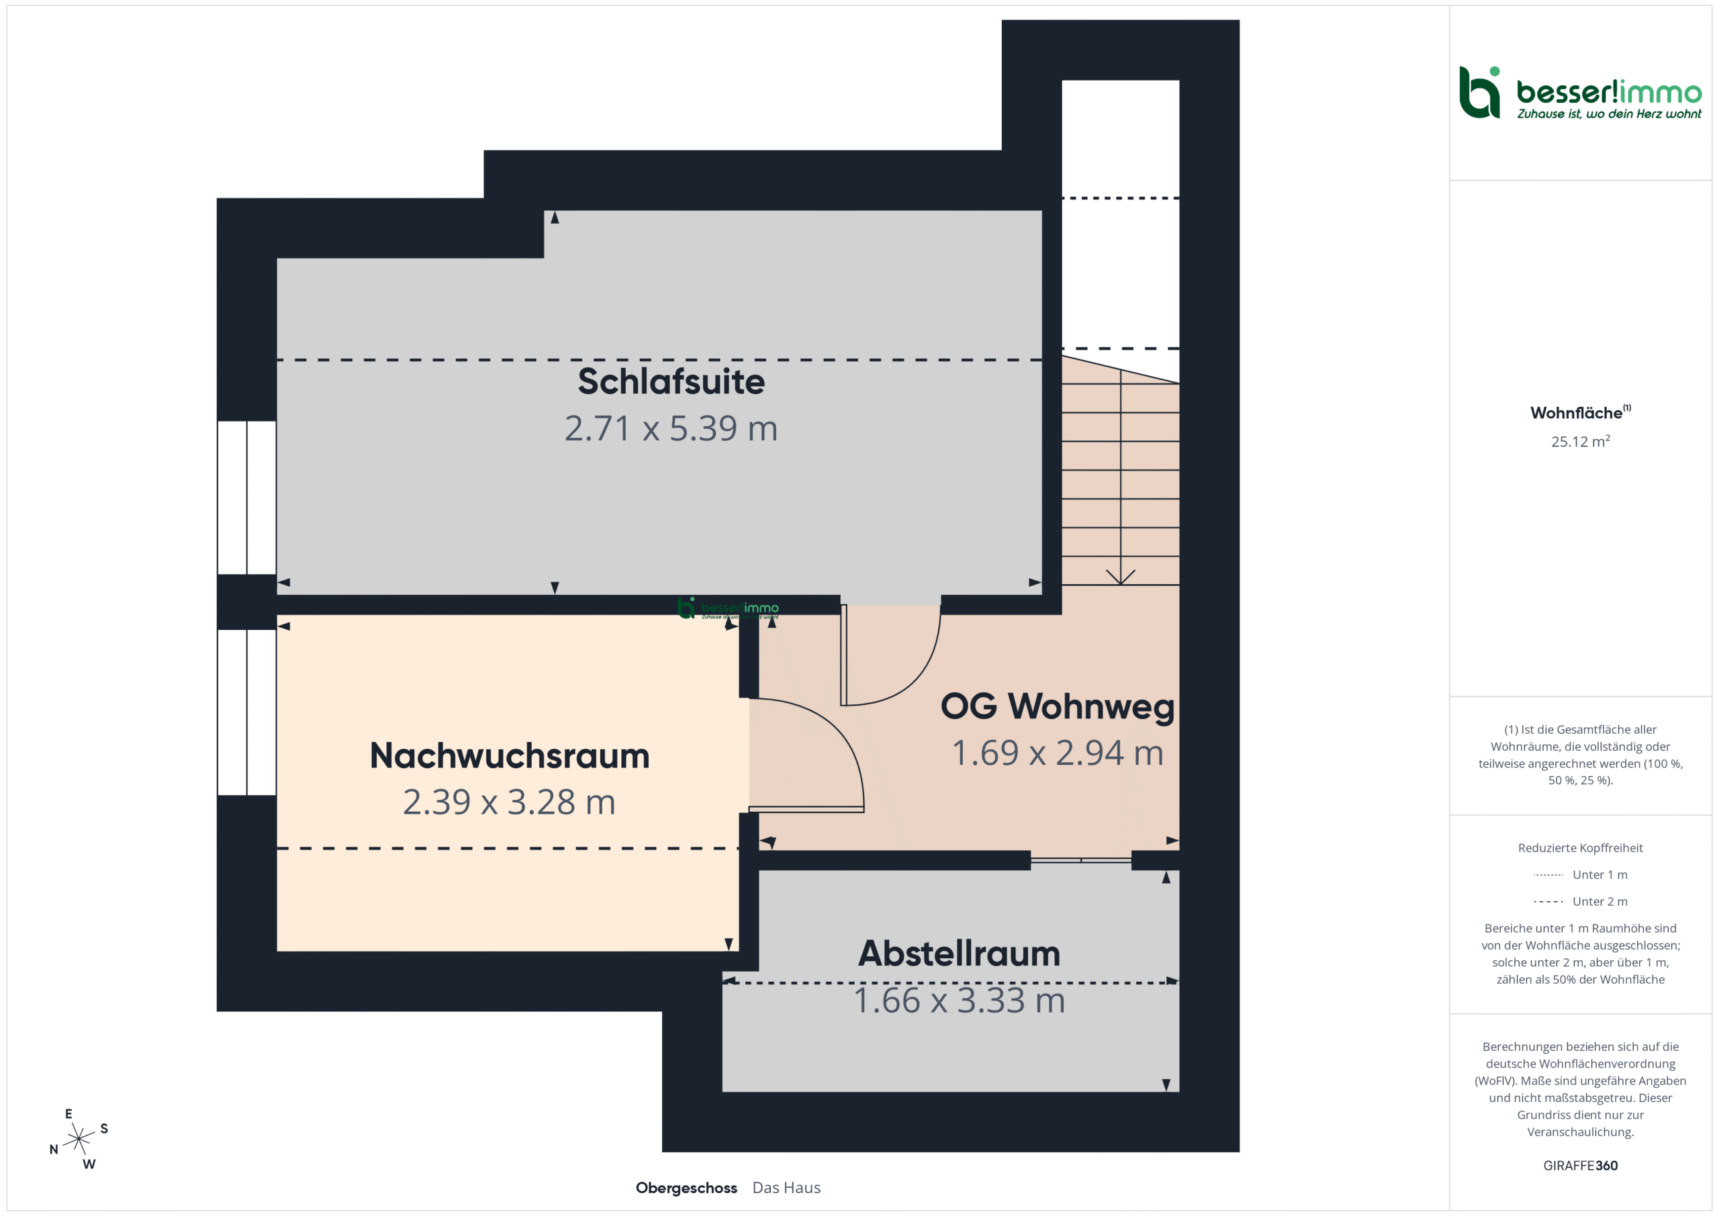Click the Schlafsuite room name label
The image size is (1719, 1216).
click(671, 381)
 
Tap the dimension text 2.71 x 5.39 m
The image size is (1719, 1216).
click(671, 428)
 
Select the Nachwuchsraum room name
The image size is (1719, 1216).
click(509, 755)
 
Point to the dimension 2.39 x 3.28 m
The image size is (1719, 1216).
click(509, 802)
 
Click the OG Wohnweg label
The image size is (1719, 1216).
click(1057, 706)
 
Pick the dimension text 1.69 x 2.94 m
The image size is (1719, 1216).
click(1057, 753)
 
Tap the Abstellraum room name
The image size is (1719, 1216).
click(959, 953)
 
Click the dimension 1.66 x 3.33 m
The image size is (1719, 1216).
click(959, 1000)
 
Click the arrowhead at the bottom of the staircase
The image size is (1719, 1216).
click(1120, 577)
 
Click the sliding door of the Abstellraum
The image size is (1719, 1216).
click(1080, 860)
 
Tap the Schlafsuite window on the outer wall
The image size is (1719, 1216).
click(247, 498)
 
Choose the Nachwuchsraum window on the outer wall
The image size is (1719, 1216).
click(247, 712)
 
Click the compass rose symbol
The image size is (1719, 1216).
click(79, 1139)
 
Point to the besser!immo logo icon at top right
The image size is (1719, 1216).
click(1479, 92)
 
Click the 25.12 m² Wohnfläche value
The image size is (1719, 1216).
click(1580, 441)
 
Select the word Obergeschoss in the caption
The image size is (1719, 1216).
click(686, 1188)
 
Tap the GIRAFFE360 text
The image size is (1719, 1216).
click(1580, 1166)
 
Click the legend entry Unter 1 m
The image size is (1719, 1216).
click(1580, 874)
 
